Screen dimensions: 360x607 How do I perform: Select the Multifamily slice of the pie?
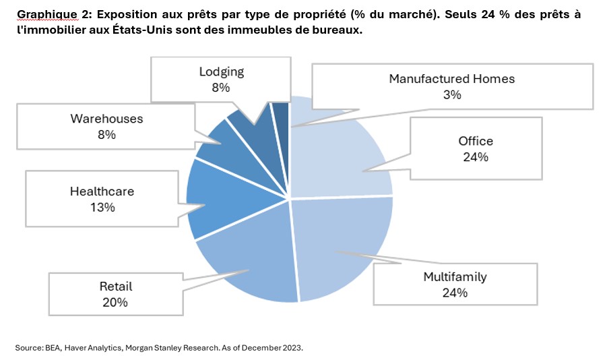(x=344, y=243)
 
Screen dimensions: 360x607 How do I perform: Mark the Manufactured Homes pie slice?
(x=281, y=114)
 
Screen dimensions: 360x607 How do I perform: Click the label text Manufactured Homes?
(x=451, y=79)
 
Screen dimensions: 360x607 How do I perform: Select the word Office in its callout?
(x=476, y=141)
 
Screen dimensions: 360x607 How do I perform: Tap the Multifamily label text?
(x=455, y=276)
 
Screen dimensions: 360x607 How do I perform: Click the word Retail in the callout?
(x=115, y=287)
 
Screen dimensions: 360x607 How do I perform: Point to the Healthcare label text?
(x=102, y=191)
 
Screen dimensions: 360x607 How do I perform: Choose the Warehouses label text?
(x=106, y=119)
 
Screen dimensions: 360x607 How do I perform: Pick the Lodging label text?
(x=221, y=71)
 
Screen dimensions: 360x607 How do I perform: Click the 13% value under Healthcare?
(x=102, y=208)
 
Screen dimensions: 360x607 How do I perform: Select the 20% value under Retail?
(x=115, y=303)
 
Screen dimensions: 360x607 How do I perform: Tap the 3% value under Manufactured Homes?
(x=451, y=95)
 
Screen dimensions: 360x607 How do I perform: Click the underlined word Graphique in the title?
(x=42, y=14)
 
